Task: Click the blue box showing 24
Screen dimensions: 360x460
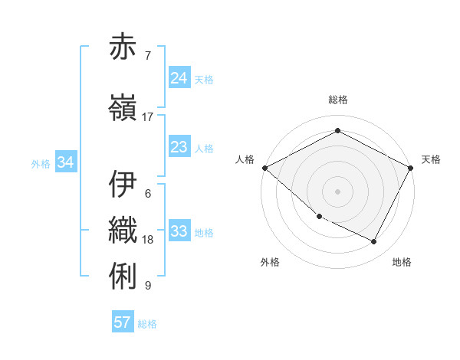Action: tap(179, 78)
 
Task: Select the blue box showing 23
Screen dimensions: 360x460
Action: tap(179, 147)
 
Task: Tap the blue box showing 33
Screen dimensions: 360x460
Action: tap(179, 231)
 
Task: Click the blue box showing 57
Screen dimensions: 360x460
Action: tap(123, 322)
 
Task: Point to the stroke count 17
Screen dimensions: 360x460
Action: tap(148, 116)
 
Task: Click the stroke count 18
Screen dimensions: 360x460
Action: tap(148, 239)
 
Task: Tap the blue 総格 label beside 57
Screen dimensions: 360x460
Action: tap(147, 323)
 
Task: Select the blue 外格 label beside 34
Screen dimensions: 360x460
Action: tap(41, 163)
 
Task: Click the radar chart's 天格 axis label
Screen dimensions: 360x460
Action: tap(431, 159)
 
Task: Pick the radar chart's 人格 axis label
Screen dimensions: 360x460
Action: tap(245, 159)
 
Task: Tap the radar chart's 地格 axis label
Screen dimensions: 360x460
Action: tap(402, 262)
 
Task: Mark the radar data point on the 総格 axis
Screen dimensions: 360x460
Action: tap(337, 131)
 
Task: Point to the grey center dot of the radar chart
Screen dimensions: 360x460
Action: tap(337, 191)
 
